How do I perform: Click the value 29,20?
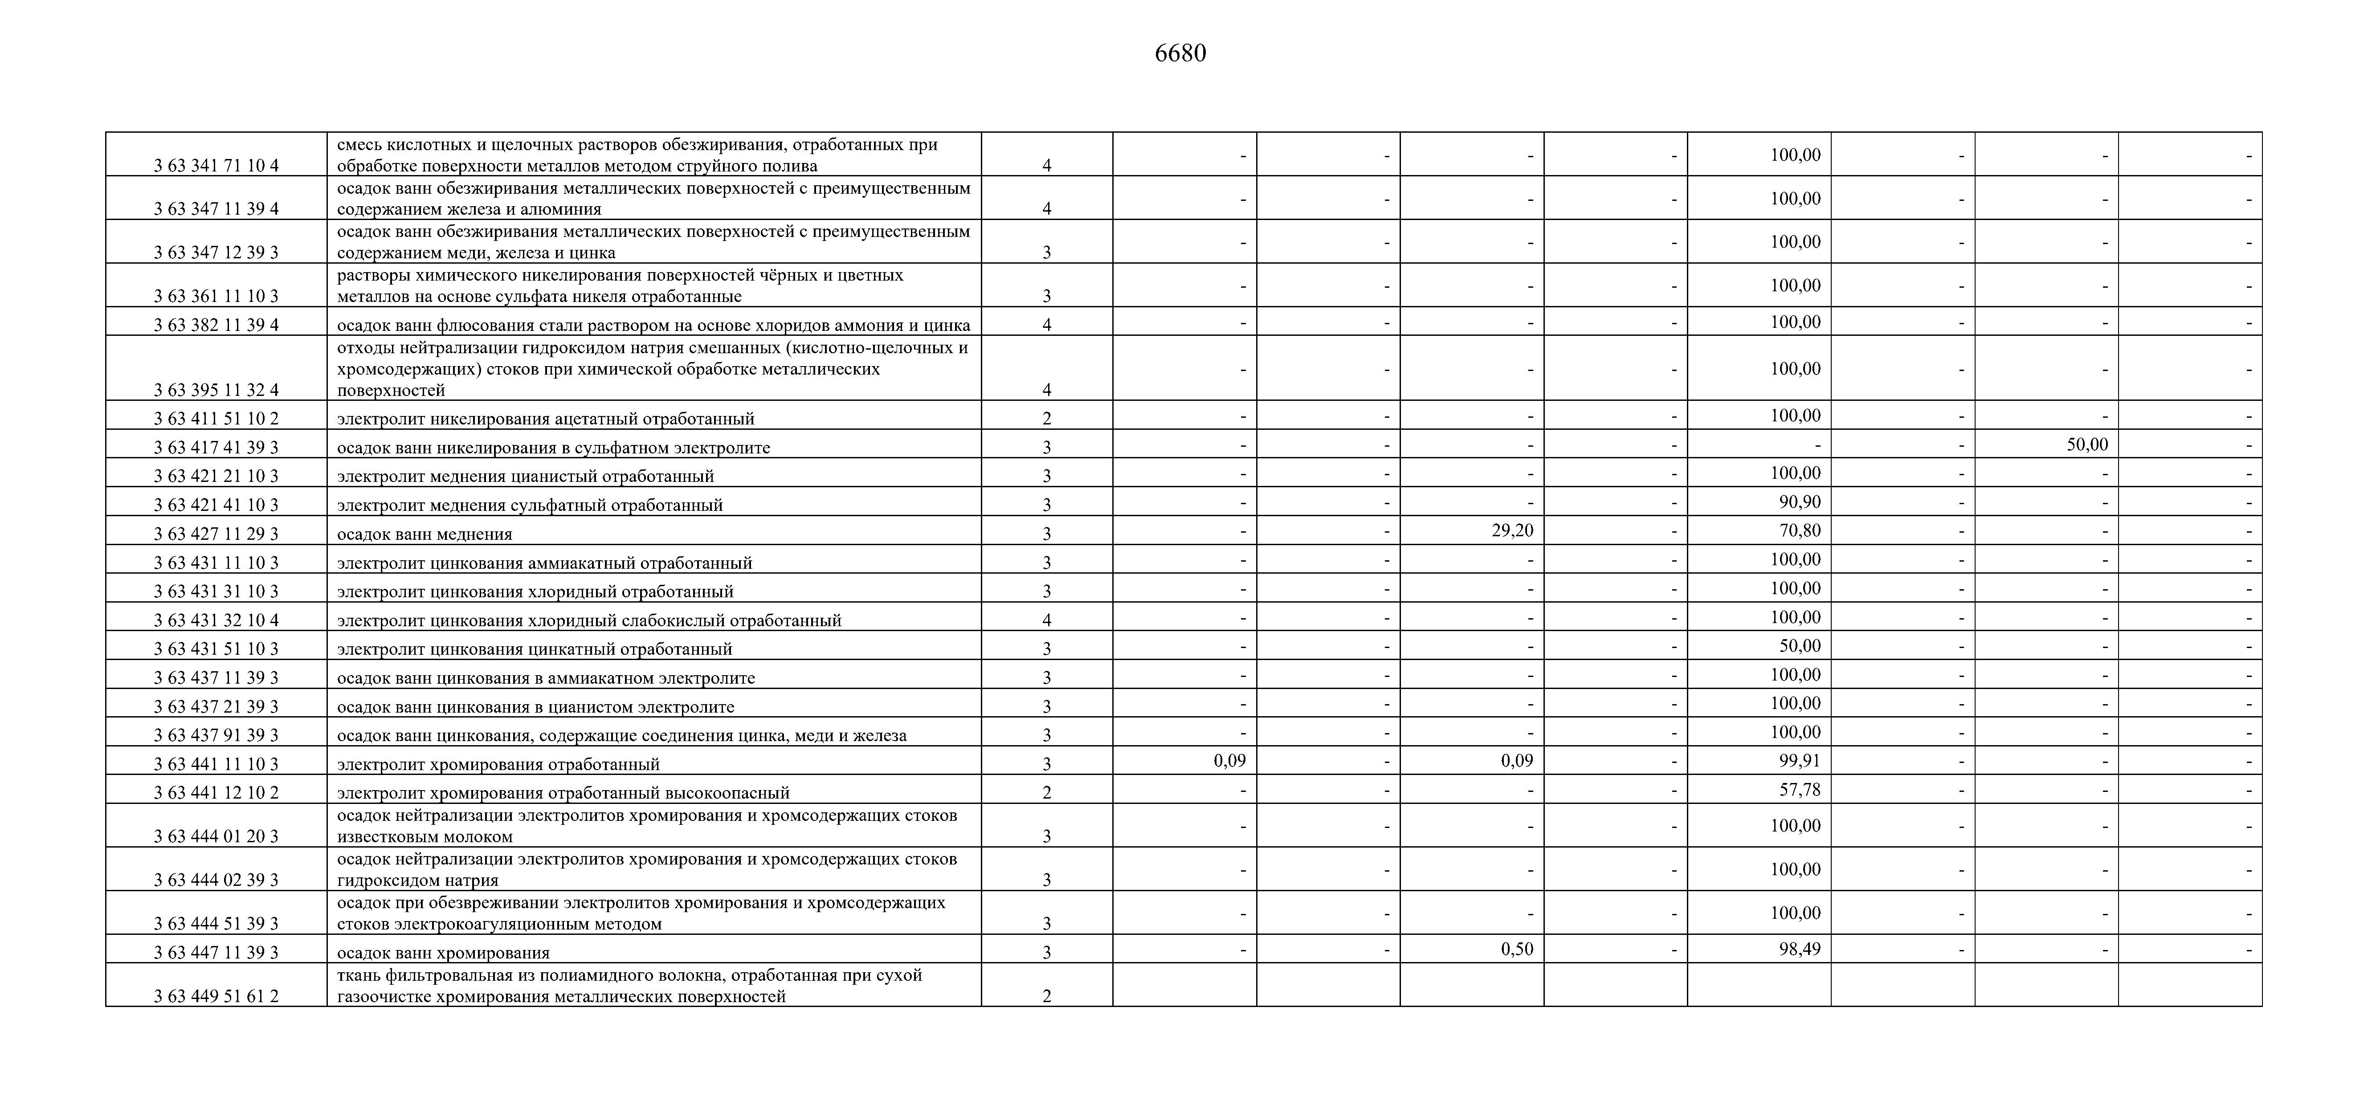(x=1512, y=530)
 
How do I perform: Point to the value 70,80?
(x=1799, y=530)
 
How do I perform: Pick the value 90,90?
(x=1799, y=502)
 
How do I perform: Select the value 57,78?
(x=1799, y=790)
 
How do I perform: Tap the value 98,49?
(x=1799, y=949)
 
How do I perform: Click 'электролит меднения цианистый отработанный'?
(x=525, y=476)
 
